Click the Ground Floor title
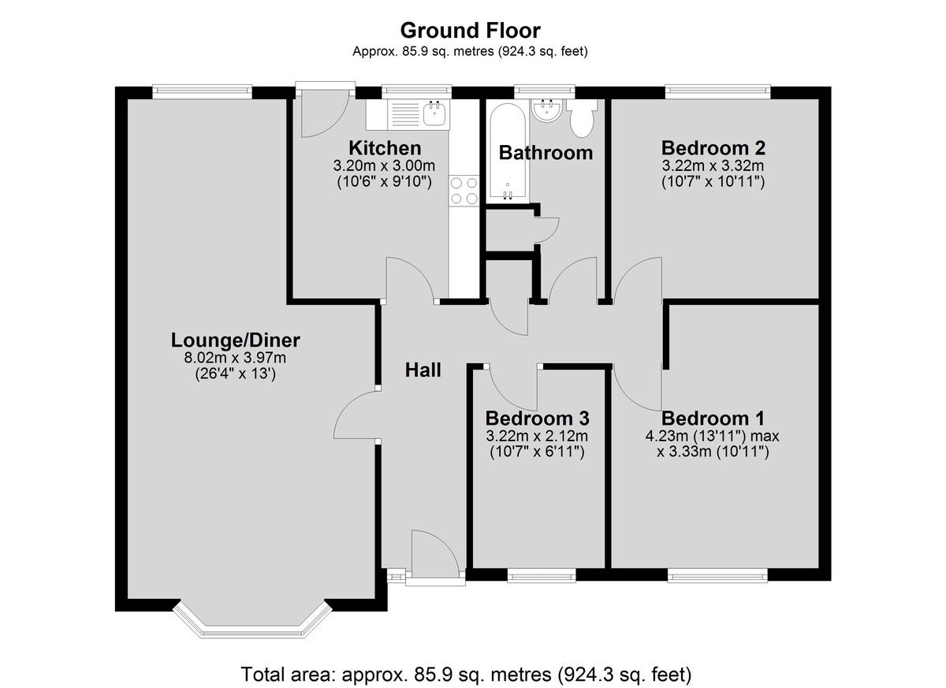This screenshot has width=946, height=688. click(x=470, y=31)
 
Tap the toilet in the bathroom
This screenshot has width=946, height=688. click(x=582, y=117)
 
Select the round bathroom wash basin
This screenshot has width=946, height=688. click(x=546, y=110)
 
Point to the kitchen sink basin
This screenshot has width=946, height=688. click(x=436, y=113)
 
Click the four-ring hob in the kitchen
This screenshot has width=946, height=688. click(x=464, y=191)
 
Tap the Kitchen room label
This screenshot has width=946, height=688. click(x=385, y=148)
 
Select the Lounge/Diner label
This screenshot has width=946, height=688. click(x=235, y=340)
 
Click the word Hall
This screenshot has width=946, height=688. click(x=423, y=370)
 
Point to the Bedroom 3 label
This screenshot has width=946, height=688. click(x=537, y=418)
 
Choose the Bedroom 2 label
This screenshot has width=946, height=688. click(x=713, y=148)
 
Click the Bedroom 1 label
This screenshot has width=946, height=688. click(x=713, y=418)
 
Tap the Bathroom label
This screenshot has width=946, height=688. click(x=546, y=153)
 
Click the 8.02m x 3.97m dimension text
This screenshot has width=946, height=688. click(x=235, y=358)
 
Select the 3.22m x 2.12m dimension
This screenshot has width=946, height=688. click(x=537, y=436)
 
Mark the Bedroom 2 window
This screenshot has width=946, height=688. click(x=717, y=91)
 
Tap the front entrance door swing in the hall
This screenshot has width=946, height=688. click(x=435, y=554)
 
